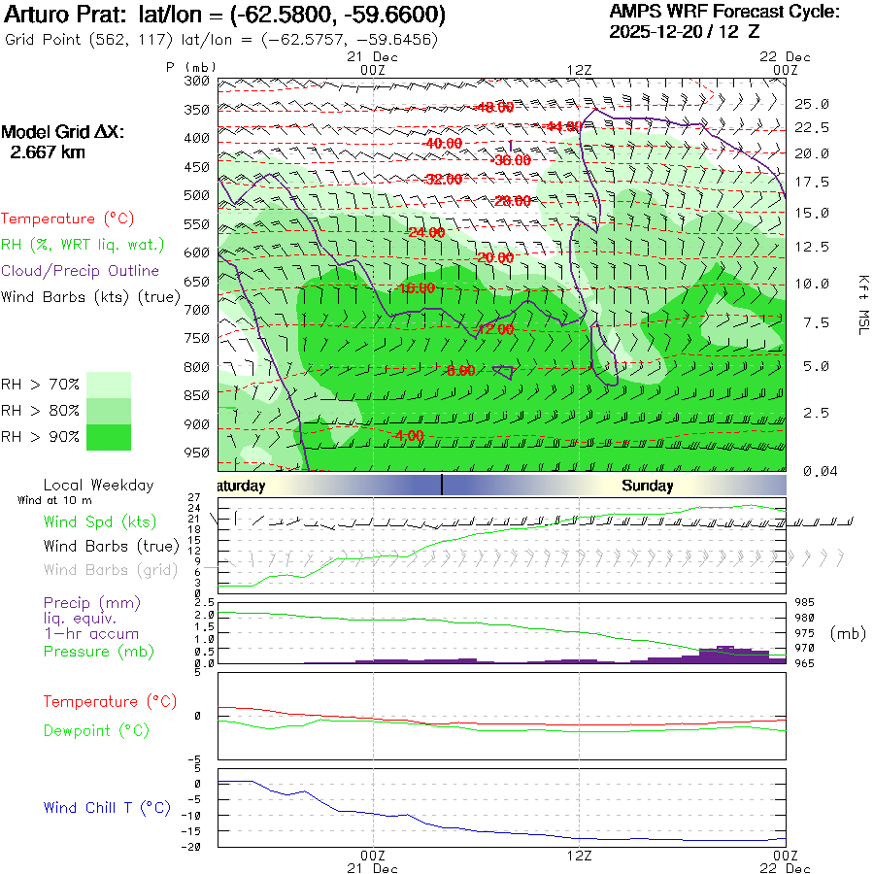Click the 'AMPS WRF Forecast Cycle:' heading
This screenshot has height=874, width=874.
click(723, 12)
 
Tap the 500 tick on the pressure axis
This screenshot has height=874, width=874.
click(197, 195)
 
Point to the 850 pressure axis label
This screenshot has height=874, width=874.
click(197, 395)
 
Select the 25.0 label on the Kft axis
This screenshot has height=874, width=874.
click(812, 104)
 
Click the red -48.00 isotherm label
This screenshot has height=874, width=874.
click(494, 107)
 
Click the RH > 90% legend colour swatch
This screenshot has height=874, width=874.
click(109, 437)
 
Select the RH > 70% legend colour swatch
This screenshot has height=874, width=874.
click(109, 385)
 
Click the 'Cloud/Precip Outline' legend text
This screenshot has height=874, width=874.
click(81, 271)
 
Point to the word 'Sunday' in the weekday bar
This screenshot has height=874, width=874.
click(648, 486)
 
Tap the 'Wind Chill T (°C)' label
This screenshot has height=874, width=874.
click(107, 808)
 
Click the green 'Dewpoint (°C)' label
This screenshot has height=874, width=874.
click(95, 730)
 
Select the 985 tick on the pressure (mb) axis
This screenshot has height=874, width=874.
click(806, 602)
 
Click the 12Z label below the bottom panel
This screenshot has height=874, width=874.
click(580, 857)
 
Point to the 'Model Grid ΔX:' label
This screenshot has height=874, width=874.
click(63, 132)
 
